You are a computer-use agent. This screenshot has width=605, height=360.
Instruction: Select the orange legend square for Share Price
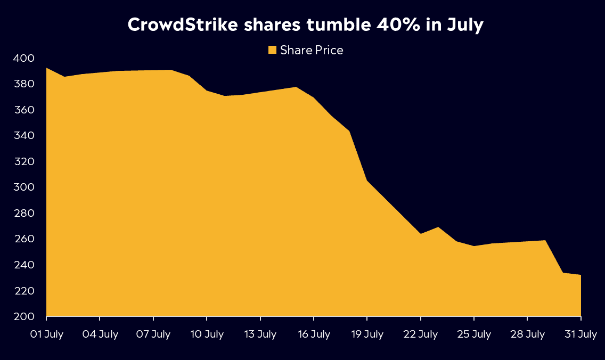[272, 50]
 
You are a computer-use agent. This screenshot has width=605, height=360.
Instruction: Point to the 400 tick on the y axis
[23, 58]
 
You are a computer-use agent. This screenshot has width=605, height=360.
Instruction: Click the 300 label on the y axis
[23, 187]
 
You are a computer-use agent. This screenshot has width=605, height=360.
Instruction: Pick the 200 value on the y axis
[23, 317]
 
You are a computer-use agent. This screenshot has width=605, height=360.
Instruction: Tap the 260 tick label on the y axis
[23, 239]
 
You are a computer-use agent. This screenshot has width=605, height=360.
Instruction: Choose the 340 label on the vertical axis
[23, 136]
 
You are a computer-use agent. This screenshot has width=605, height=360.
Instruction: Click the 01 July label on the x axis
[46, 334]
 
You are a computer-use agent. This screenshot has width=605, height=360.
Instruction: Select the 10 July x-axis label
[207, 334]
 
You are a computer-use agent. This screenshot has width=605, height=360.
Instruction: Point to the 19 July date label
[367, 334]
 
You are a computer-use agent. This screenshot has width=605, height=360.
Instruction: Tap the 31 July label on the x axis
[580, 334]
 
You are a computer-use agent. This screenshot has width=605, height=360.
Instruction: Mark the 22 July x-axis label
[420, 334]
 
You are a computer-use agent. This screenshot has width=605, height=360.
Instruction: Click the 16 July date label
[314, 334]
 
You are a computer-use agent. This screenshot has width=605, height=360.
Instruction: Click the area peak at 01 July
[47, 68]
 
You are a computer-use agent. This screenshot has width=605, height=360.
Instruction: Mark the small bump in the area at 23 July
[438, 227]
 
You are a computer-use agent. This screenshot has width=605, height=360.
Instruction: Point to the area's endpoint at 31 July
[580, 275]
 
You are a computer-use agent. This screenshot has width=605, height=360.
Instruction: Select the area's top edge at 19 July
[367, 181]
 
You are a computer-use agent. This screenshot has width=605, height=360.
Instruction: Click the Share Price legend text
[312, 50]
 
